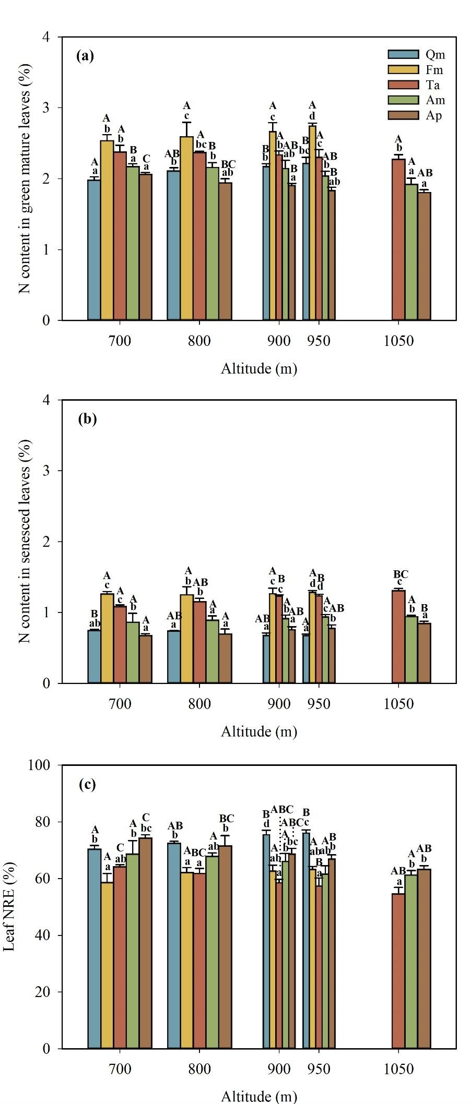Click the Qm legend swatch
[x=403, y=55]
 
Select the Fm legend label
[x=434, y=70]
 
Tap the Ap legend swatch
[x=403, y=115]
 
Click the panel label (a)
[x=85, y=56]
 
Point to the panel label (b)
[x=87, y=419]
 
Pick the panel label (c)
[x=87, y=785]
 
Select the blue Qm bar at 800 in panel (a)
[x=173, y=245]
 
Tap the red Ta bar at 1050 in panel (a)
[x=398, y=239]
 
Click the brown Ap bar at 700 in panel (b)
[x=145, y=658]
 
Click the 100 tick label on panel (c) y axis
[x=44, y=765]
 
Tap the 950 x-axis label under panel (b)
[x=319, y=704]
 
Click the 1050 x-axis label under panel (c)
[x=398, y=1069]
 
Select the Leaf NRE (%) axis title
[x=10, y=907]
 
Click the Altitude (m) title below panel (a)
[x=259, y=369]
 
